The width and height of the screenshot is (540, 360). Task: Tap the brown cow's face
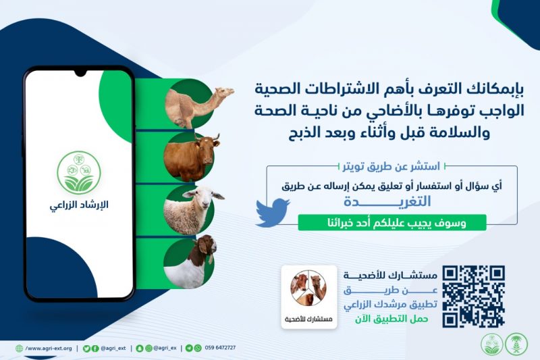coord(208,151)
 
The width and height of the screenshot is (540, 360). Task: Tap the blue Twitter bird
coord(272,213)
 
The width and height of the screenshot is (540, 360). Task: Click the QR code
coord(474,297)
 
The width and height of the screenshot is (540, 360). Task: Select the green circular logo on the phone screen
coord(79,173)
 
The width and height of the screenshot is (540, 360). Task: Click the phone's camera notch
coord(80,72)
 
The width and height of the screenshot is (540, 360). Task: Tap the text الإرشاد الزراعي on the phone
coord(79,205)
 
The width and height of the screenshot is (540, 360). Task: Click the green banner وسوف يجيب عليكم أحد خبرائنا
coord(392,222)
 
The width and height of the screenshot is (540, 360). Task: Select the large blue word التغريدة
coord(387,201)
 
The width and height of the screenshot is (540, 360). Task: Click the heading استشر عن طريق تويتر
coord(391,167)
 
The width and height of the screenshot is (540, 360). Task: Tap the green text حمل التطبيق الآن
coord(391,319)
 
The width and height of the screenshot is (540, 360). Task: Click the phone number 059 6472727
coord(221,348)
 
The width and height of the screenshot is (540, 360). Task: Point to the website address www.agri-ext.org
coord(49,349)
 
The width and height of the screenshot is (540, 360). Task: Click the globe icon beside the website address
coord(20,349)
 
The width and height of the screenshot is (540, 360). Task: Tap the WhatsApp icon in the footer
coord(198,349)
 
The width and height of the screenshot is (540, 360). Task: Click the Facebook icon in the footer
coord(95,349)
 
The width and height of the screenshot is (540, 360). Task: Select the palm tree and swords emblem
coord(516,344)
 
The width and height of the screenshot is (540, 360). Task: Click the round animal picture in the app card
coord(308,288)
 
